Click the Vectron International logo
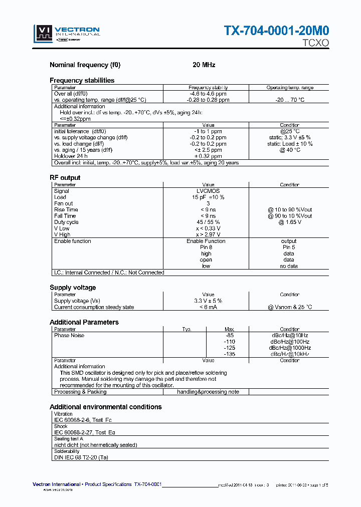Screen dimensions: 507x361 (x=67, y=33)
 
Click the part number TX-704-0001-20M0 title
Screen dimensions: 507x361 (x=276, y=31)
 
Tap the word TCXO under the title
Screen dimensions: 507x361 (x=315, y=43)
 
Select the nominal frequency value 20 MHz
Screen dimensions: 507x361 (x=204, y=65)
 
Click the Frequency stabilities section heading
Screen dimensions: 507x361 (x=82, y=80)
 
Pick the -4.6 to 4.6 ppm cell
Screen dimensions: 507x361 (x=208, y=94)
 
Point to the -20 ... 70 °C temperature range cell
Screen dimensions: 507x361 (x=290, y=100)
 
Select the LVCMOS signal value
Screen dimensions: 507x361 (x=208, y=191)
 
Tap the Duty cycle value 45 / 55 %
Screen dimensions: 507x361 (x=208, y=222)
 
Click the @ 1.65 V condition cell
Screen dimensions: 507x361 (x=289, y=222)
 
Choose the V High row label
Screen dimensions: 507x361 (x=62, y=234)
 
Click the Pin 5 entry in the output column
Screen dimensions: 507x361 (x=289, y=247)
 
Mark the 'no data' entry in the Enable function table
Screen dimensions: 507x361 (x=289, y=266)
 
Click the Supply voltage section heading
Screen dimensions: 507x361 (x=73, y=288)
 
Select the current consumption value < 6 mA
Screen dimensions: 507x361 (x=208, y=307)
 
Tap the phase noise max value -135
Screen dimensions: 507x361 (x=229, y=354)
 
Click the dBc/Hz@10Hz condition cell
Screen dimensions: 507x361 (x=289, y=335)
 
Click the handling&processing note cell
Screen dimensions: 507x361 (x=208, y=392)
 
